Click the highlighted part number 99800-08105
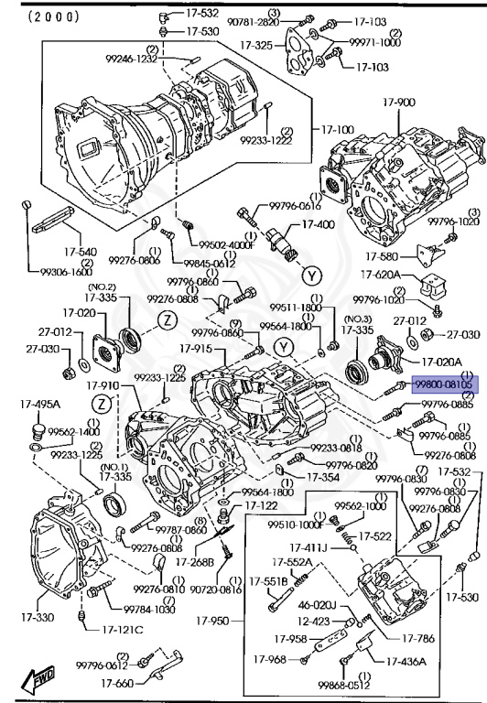pyautogui.click(x=444, y=386)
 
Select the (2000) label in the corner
pyautogui.click(x=41, y=16)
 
